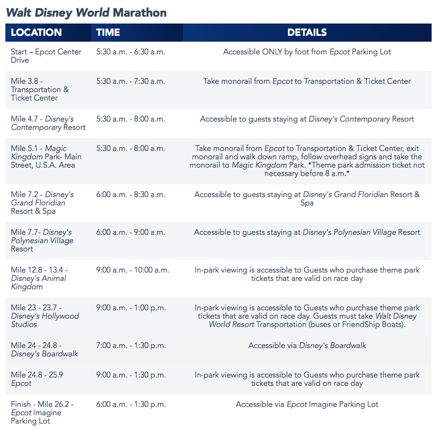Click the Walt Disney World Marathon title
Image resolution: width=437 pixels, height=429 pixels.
tap(86, 13)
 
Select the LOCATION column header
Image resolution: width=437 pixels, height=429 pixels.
tap(36, 32)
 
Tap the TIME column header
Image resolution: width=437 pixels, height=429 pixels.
tap(108, 32)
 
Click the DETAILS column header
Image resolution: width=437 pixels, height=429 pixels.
tap(307, 32)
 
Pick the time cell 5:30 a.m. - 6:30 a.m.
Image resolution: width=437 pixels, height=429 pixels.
tap(131, 52)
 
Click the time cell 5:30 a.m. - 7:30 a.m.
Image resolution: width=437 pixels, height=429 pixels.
tap(131, 81)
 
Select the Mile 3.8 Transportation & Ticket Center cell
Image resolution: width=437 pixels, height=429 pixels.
tap(40, 90)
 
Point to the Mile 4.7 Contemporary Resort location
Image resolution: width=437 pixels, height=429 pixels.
tap(48, 123)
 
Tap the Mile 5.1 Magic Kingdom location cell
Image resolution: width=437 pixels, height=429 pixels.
tap(46, 156)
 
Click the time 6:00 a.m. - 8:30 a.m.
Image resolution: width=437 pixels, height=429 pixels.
tap(131, 195)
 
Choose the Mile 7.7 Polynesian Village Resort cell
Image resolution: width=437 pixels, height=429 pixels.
tap(42, 240)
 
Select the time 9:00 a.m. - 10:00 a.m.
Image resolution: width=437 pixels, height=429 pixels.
tap(133, 270)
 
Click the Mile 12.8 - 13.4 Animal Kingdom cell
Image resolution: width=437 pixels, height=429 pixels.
tap(39, 278)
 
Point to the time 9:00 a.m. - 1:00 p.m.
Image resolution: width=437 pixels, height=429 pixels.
tap(131, 308)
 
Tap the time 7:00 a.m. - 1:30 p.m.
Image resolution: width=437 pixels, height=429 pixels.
tap(131, 345)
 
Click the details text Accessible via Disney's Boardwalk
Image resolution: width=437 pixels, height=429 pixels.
tap(307, 346)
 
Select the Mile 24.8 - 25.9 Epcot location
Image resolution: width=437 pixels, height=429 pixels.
tap(37, 379)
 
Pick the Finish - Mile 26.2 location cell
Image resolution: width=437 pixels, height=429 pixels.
tap(42, 412)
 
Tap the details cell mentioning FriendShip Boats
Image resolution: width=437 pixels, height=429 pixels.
tap(307, 316)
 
